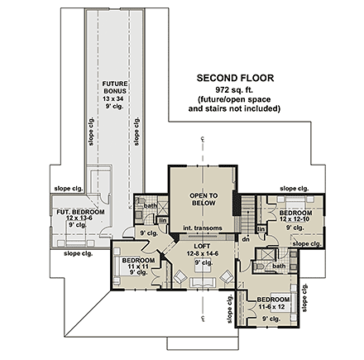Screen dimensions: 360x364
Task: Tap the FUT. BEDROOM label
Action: (x=81, y=213)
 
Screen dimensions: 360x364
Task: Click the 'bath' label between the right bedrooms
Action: (x=279, y=266)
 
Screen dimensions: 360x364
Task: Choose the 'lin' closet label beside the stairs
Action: (x=261, y=228)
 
